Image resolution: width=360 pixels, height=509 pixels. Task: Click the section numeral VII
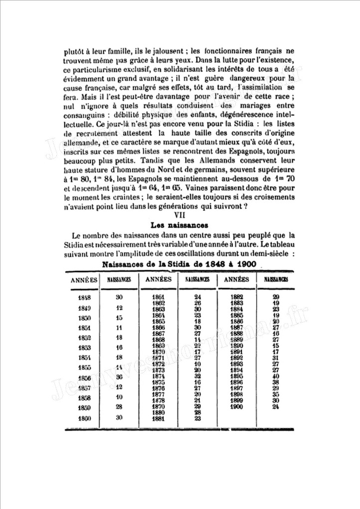click(180, 215)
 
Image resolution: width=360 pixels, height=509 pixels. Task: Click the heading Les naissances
click(180, 225)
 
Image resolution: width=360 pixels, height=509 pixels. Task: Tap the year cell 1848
click(84, 298)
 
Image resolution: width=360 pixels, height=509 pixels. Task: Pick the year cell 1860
click(84, 419)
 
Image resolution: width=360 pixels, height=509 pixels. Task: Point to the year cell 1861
click(158, 297)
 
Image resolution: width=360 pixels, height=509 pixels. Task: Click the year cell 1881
click(158, 419)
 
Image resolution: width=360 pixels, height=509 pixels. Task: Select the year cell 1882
click(237, 297)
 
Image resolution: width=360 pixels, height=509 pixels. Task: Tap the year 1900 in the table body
click(237, 407)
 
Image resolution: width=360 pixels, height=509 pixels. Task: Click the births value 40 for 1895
click(275, 376)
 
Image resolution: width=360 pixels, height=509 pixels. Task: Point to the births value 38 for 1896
click(275, 382)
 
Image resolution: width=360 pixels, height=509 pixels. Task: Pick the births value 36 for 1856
click(119, 377)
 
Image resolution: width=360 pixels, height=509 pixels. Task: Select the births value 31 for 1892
click(275, 358)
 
